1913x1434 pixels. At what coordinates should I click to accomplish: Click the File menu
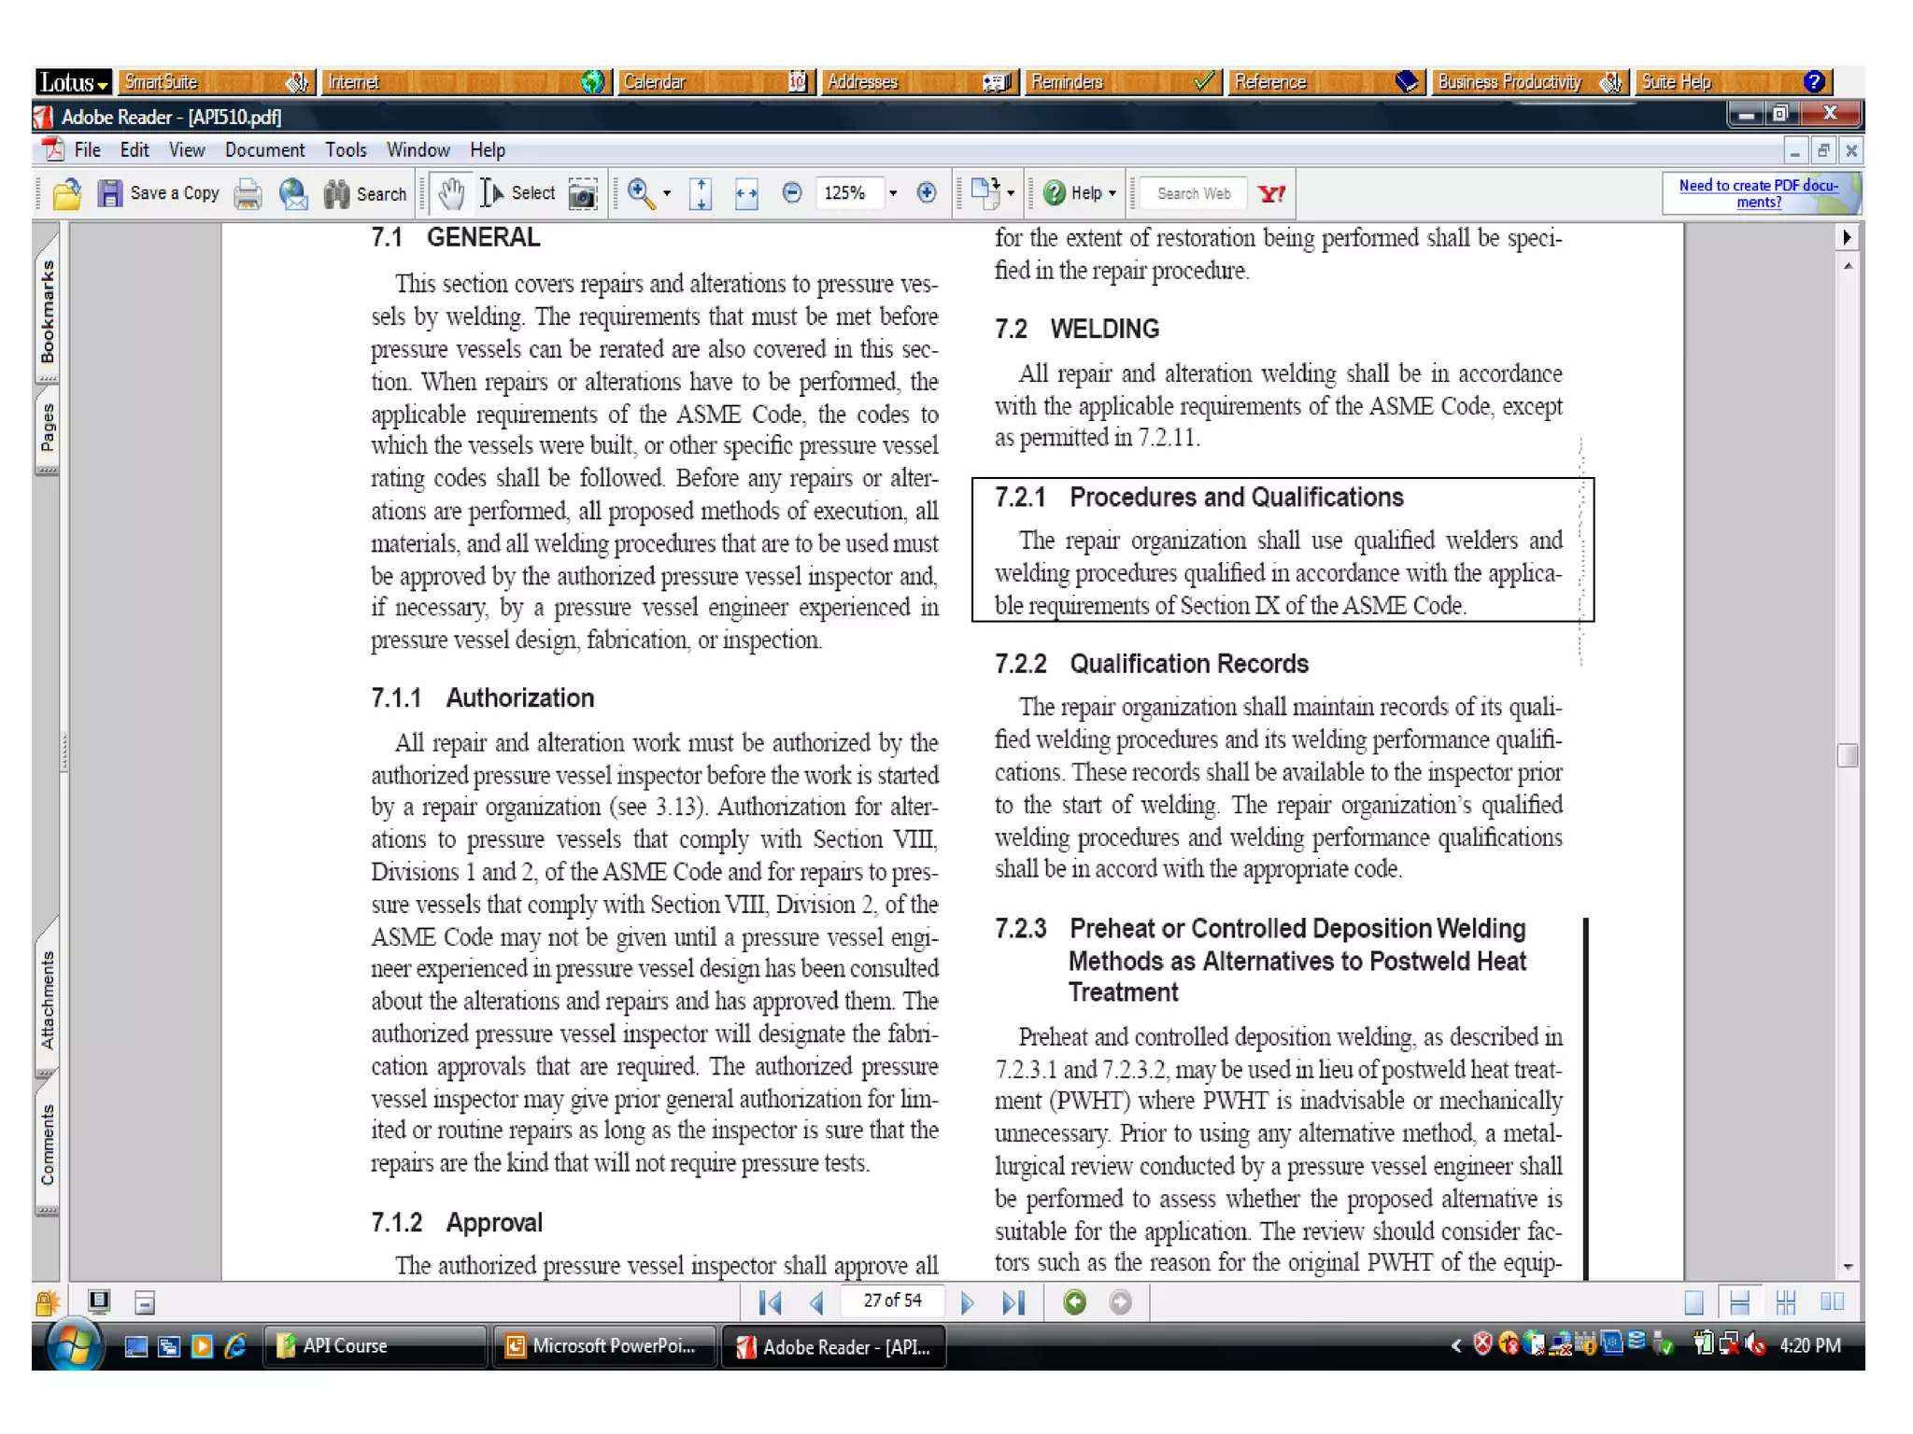(87, 150)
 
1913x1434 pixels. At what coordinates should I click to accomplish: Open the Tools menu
(346, 150)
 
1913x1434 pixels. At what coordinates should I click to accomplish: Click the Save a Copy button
(160, 193)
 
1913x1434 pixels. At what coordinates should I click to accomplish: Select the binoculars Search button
(365, 193)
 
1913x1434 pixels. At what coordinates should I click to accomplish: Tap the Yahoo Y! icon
(1271, 193)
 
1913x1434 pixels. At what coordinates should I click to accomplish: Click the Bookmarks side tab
(48, 312)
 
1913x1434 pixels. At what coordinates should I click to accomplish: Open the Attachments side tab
(48, 1000)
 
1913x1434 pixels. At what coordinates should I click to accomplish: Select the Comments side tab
(48, 1145)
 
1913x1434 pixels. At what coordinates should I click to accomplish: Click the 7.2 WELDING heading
(1076, 329)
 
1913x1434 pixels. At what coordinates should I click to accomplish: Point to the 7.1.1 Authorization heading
(482, 697)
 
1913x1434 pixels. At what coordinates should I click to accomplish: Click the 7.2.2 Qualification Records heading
(1151, 664)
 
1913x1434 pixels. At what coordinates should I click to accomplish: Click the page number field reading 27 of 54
(892, 1300)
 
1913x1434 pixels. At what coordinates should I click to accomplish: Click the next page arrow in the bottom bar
(967, 1302)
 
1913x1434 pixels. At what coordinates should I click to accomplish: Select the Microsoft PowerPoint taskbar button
(602, 1346)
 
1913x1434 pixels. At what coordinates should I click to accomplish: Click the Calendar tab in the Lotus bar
(715, 82)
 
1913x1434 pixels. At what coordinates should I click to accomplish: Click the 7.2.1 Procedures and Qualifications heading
(1198, 497)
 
